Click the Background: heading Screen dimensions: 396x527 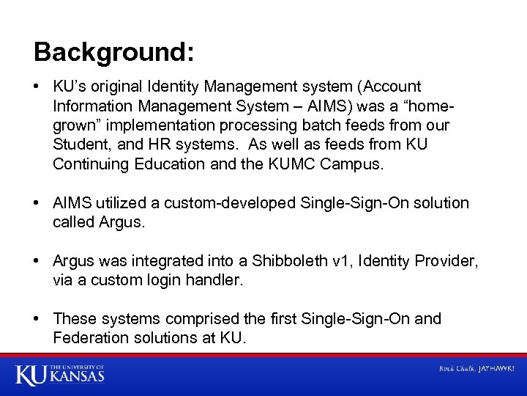pos(114,52)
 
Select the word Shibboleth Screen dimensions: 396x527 pos(287,260)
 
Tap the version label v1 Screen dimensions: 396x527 pos(337,260)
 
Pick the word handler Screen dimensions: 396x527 pos(217,279)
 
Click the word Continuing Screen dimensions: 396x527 pos(91,164)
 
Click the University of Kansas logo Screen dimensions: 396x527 pos(59,374)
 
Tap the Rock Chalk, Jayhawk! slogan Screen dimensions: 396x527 pos(476,368)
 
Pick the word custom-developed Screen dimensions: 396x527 pos(230,202)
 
